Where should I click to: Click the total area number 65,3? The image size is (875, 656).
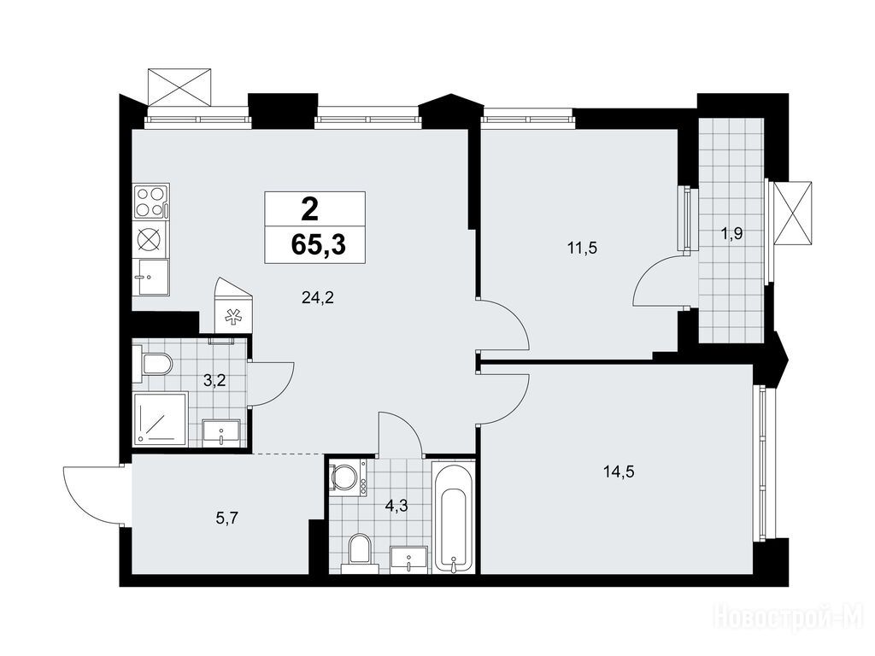coord(318,244)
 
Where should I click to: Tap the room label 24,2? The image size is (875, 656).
coord(318,298)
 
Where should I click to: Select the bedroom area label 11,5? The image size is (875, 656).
coord(582,249)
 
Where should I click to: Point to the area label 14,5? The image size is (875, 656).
coord(619,472)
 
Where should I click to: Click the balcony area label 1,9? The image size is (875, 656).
coord(731,234)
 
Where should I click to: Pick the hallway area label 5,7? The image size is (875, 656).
coord(227,518)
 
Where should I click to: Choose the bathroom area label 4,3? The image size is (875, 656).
coord(396,506)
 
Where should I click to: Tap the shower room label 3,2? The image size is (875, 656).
coord(215,382)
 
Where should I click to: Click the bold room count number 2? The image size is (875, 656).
coord(309,210)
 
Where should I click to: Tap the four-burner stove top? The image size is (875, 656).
coord(151,202)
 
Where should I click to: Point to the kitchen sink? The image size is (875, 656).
coord(150,277)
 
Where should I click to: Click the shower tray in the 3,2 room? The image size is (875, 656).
coord(161,419)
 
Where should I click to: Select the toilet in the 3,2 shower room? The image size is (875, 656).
coord(153,363)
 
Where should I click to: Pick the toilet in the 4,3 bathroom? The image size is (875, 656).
coord(360,553)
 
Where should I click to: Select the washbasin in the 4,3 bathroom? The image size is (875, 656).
coord(409,559)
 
